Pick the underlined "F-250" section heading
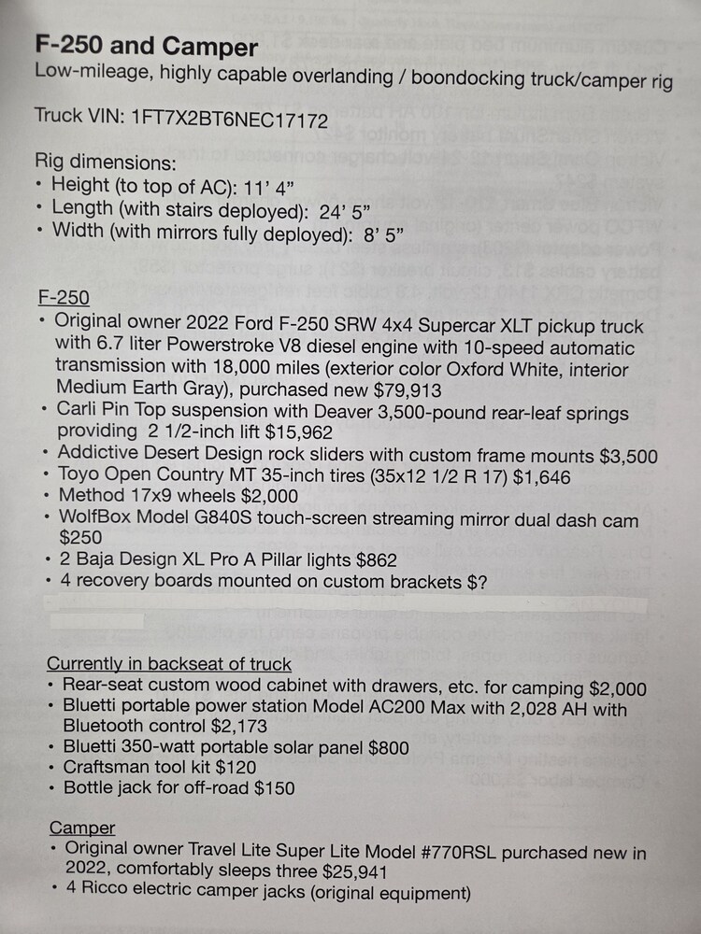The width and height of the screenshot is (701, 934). tap(64, 298)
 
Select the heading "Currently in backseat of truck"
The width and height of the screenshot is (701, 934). tap(169, 665)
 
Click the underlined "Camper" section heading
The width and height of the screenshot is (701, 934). tap(82, 828)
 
